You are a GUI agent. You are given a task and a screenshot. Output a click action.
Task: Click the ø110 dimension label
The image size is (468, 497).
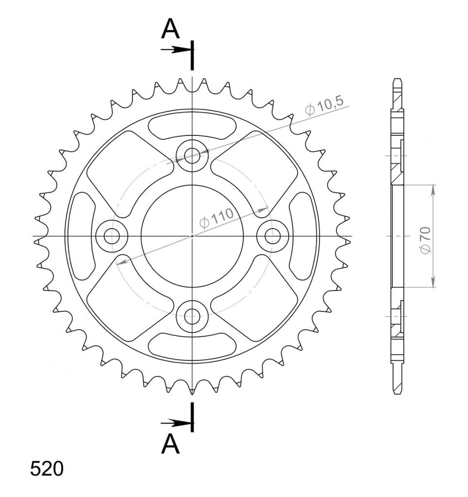[216, 218]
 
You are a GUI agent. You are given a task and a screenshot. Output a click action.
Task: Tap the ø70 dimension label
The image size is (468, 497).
[426, 240]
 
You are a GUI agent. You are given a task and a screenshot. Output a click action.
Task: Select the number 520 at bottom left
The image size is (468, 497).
[47, 469]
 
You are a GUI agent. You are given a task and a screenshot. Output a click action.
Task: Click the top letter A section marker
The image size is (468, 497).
[171, 29]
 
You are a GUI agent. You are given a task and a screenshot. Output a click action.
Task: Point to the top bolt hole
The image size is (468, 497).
[192, 156]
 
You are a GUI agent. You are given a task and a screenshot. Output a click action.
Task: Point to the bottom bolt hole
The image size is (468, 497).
[192, 316]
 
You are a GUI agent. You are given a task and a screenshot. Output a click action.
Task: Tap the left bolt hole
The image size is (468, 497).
[112, 236]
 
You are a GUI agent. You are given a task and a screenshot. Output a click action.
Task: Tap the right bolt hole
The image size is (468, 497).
[273, 236]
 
